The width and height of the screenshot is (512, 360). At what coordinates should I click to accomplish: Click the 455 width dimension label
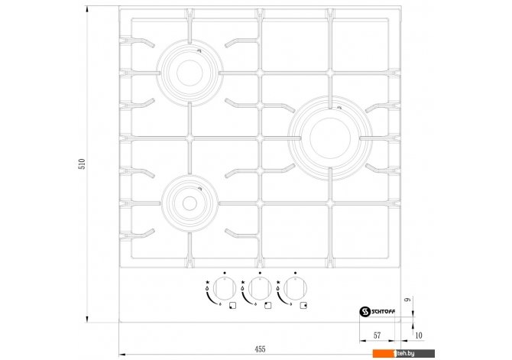point(260,349)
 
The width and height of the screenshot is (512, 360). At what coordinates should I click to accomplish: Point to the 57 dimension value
point(377,336)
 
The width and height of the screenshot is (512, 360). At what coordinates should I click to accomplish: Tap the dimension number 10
point(418,336)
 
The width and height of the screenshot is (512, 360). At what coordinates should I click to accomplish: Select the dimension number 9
point(408,300)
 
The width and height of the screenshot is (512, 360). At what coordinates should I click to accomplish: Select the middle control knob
point(260,289)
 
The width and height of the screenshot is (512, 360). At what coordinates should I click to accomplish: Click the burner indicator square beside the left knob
point(232,306)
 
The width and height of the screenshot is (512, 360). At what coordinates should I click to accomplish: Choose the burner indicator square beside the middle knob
point(267,306)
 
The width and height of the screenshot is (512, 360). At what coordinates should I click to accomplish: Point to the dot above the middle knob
point(260,272)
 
